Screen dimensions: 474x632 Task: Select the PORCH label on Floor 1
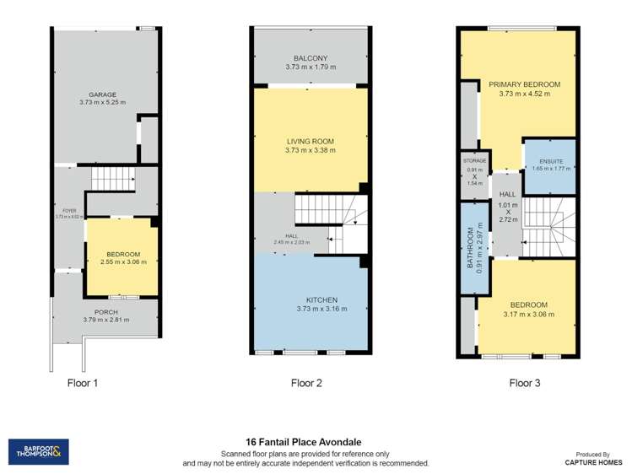(x=105, y=312)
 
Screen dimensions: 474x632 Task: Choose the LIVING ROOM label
(x=310, y=143)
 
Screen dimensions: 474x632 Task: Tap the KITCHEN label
(x=310, y=299)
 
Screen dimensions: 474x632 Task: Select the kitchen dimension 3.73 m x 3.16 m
(x=310, y=309)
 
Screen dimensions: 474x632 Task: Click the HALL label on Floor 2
(x=291, y=237)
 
